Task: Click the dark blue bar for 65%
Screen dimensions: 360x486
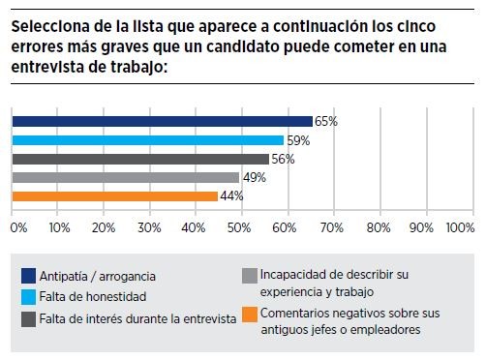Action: (162, 121)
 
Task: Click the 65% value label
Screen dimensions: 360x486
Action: (325, 122)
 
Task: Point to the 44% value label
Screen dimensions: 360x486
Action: (230, 196)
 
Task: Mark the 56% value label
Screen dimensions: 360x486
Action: (283, 160)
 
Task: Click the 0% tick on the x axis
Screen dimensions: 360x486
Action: (18, 227)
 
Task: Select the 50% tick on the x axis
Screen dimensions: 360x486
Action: (239, 227)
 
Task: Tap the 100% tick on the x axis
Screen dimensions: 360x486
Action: (458, 227)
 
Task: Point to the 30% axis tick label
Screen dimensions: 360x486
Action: (149, 227)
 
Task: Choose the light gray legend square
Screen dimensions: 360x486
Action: (250, 276)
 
